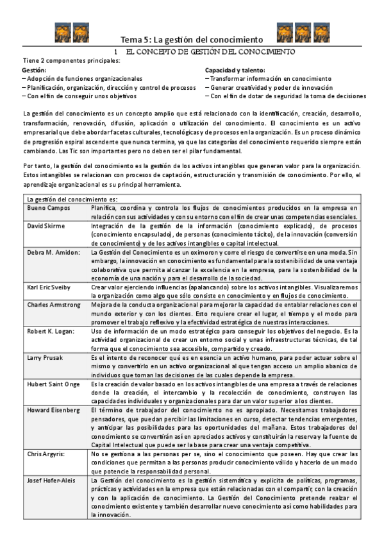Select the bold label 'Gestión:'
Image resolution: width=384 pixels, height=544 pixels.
[x=35, y=69]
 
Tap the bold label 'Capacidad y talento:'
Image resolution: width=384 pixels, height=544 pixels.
[x=235, y=69]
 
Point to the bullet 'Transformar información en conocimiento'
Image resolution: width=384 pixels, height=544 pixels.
[x=272, y=78]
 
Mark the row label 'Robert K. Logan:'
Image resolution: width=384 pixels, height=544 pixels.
[x=51, y=332]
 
